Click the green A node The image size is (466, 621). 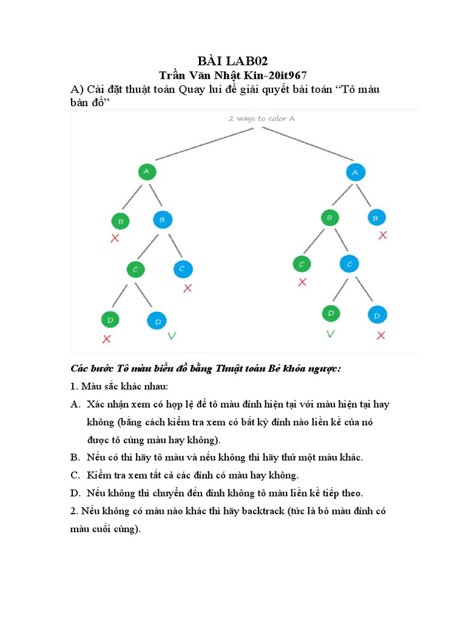[146, 172]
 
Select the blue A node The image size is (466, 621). [356, 172]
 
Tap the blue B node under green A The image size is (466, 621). [163, 220]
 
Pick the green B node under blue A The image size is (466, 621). [329, 218]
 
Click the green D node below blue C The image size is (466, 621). [331, 314]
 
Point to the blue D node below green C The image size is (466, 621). [157, 321]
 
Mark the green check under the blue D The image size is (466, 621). [172, 335]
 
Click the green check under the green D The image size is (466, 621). [331, 334]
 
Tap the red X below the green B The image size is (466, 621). [115, 239]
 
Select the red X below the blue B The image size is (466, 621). [382, 235]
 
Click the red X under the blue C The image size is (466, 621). [187, 288]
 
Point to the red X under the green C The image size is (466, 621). [302, 282]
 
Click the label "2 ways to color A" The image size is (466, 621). [262, 119]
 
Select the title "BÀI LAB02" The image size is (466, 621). [233, 61]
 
